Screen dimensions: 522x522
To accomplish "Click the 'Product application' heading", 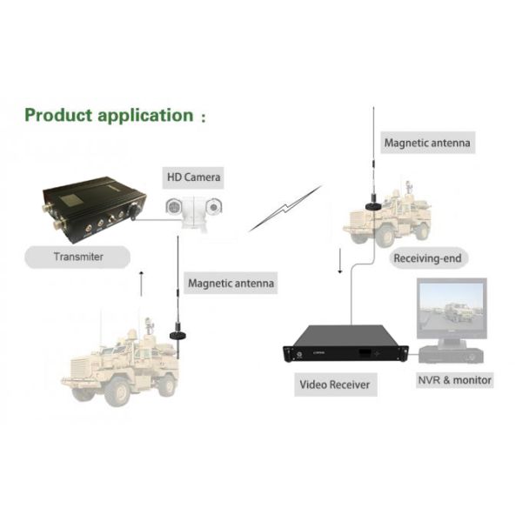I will click(x=108, y=115).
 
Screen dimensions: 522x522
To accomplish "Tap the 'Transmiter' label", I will click(x=79, y=257).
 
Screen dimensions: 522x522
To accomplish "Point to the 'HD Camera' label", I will click(x=194, y=178).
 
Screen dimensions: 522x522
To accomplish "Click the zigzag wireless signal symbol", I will click(x=284, y=210).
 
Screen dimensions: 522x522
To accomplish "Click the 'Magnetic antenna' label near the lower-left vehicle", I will click(x=231, y=283).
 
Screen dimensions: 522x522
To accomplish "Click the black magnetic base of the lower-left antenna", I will click(x=179, y=333).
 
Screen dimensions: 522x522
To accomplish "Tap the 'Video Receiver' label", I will click(x=335, y=384).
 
